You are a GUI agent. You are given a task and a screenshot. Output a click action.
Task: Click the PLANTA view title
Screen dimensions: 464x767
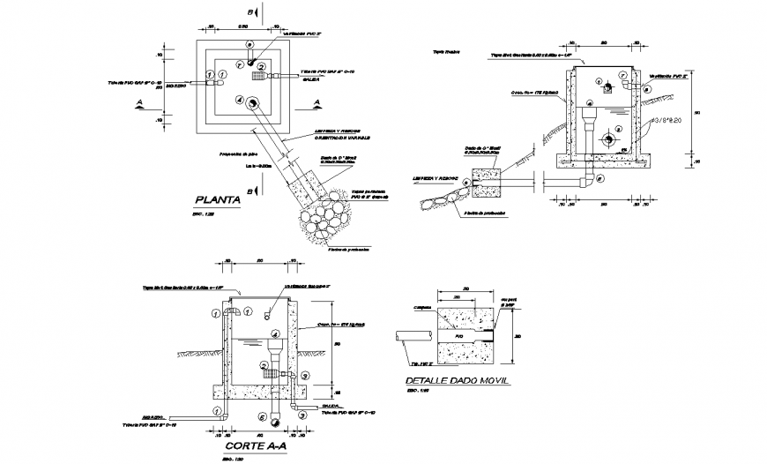[218, 199]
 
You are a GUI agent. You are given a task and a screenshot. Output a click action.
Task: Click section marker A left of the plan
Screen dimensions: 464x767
[139, 103]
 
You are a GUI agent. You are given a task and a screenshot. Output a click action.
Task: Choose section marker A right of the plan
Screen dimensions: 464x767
[316, 103]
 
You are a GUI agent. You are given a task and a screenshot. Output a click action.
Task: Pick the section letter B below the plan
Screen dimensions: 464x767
[252, 191]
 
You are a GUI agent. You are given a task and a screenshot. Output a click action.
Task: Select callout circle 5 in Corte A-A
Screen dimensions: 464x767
[261, 415]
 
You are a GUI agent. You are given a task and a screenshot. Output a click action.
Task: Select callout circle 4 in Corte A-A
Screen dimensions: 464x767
[274, 334]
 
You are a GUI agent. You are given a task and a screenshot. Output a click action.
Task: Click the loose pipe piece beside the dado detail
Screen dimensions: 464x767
[413, 336]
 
